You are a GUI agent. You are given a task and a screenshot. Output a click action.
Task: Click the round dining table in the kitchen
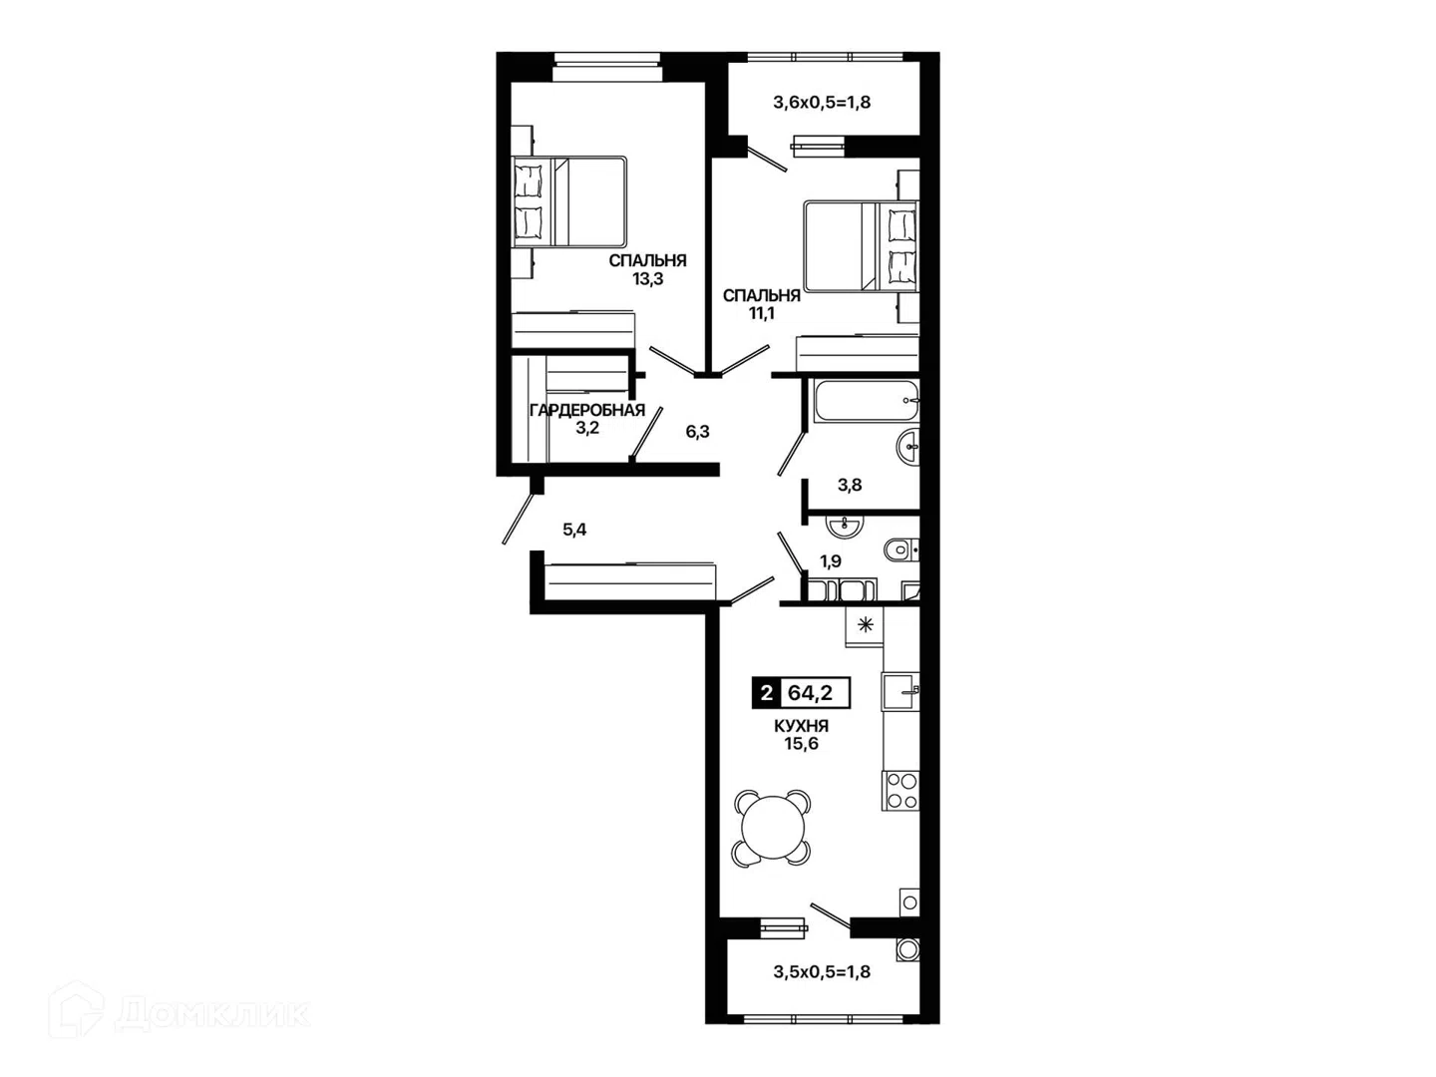[772, 828]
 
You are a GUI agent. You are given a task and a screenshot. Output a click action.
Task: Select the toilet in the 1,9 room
[900, 549]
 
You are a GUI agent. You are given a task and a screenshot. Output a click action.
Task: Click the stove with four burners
[900, 791]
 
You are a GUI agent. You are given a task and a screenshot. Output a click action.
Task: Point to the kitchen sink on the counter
[900, 692]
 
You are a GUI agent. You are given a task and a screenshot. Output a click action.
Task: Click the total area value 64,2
[810, 692]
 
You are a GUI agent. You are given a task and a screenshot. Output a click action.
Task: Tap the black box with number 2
[766, 692]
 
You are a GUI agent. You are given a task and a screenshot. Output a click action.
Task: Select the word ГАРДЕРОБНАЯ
[586, 411]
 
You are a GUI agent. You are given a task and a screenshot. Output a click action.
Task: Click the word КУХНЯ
[801, 726]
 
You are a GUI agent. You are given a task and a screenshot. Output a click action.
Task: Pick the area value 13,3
[647, 279]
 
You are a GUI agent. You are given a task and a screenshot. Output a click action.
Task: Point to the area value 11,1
[762, 313]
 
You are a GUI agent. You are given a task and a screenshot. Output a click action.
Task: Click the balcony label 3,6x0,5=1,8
[822, 103]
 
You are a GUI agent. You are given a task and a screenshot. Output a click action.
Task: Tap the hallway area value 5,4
[574, 530]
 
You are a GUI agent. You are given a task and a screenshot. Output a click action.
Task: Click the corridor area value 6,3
[697, 432]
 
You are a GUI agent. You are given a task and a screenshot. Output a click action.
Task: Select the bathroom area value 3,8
[850, 485]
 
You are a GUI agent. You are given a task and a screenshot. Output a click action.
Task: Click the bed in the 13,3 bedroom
[568, 201]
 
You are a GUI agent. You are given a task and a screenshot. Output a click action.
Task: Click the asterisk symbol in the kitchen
[865, 626]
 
